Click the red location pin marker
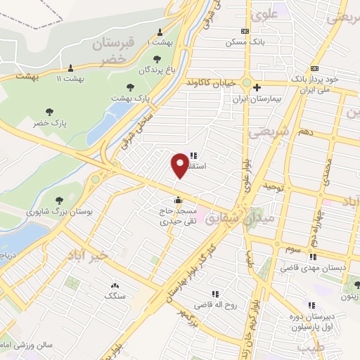tap(180, 165)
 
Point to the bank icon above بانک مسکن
tap(244, 31)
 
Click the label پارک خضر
tap(49, 123)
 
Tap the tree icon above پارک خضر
tap(49, 111)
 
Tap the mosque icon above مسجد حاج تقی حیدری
tap(179, 198)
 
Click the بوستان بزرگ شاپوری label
tap(60, 210)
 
